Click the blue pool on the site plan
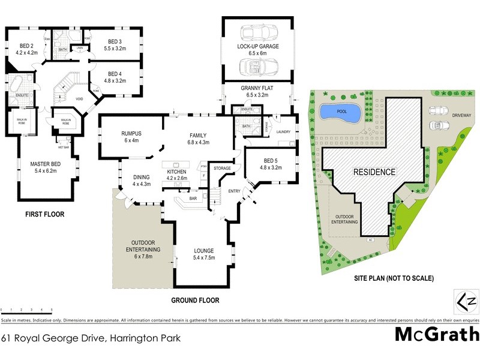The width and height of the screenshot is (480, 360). coord(339,112)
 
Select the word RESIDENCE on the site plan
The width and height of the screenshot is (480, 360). coord(374,172)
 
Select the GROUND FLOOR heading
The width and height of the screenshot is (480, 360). coord(195,300)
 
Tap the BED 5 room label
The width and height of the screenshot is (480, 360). coord(269,164)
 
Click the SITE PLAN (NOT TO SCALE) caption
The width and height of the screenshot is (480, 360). coord(394,278)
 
